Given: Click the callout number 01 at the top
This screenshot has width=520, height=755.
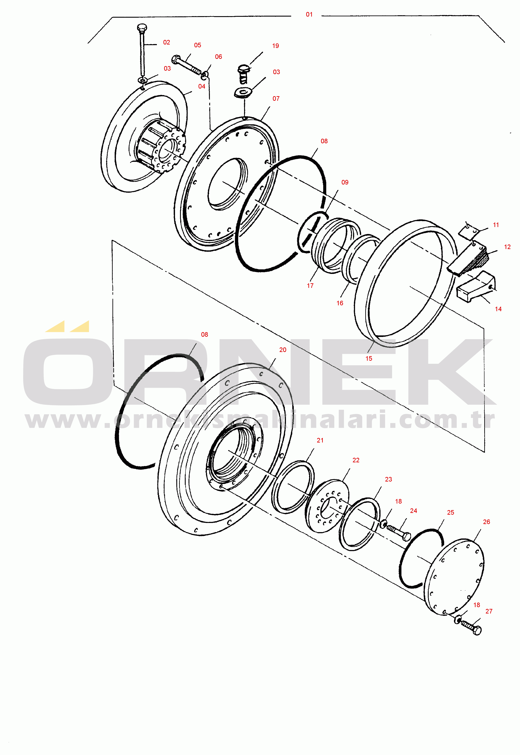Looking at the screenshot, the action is (309, 15).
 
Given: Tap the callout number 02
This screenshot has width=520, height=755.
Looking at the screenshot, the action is (167, 42).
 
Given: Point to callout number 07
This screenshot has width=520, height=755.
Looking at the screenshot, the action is (276, 98).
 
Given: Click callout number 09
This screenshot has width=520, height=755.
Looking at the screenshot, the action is (345, 182).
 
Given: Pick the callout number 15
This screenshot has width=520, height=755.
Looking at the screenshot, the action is (369, 359).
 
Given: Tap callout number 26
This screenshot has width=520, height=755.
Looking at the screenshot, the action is (486, 522).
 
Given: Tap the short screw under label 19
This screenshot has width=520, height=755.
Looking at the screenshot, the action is (243, 74).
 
